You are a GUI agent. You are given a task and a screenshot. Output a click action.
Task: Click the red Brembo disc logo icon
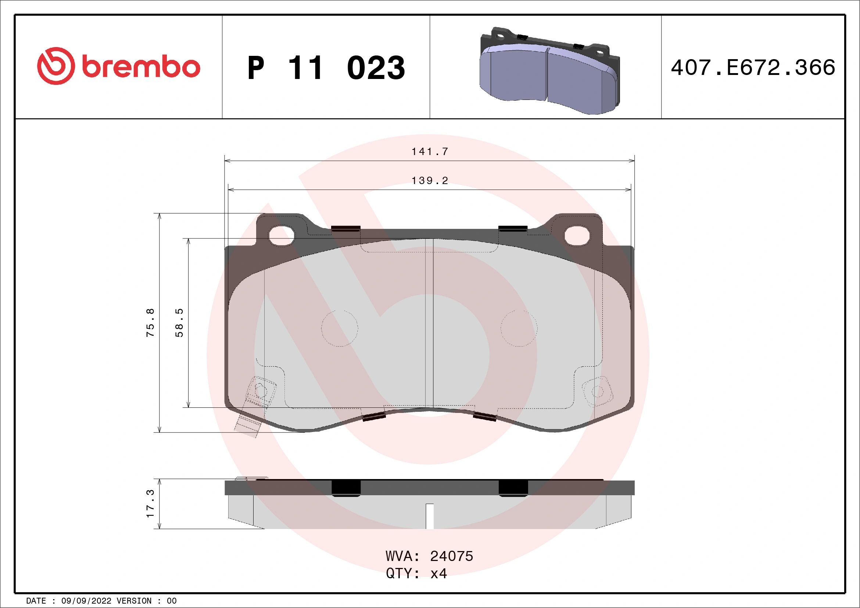(56, 66)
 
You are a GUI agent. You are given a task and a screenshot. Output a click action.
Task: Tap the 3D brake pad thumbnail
(549, 71)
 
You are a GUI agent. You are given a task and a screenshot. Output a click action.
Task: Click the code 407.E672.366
(753, 68)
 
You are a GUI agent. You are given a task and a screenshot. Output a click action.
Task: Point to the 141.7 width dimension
(430, 152)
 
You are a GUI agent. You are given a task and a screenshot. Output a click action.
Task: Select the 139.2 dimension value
(430, 181)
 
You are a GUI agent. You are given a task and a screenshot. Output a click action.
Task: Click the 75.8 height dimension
(150, 323)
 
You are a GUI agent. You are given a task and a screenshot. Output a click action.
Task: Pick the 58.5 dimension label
(179, 323)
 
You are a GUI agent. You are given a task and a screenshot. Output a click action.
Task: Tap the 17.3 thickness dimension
(150, 504)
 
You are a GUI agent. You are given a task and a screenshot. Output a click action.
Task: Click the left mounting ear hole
(282, 235)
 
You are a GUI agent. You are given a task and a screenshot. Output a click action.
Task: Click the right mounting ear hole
(577, 235)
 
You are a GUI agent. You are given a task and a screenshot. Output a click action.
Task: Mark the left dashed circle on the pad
(339, 328)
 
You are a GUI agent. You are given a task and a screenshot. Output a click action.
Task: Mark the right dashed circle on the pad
(519, 328)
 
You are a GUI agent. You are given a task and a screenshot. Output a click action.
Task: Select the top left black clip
(346, 229)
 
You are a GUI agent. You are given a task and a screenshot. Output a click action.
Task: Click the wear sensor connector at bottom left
(248, 425)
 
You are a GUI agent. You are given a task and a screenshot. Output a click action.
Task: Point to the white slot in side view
(430, 516)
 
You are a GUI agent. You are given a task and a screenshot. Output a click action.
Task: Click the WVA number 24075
(451, 556)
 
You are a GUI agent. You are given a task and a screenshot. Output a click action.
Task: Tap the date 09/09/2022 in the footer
(86, 601)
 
